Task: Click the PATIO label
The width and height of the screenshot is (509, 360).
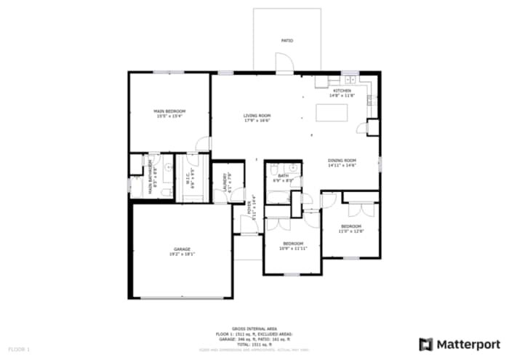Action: coord(287,41)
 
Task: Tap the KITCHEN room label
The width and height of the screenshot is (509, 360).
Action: coord(342,91)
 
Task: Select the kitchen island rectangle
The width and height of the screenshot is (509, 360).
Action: coord(332,113)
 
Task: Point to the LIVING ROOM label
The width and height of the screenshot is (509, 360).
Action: coord(257,116)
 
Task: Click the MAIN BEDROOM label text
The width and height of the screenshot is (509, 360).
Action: coord(169,111)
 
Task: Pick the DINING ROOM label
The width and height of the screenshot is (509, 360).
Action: coord(341,160)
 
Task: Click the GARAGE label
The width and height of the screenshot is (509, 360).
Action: coord(182,249)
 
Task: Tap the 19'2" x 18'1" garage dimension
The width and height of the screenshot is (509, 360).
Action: coord(182,254)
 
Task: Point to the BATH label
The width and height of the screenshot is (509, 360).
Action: coord(283,175)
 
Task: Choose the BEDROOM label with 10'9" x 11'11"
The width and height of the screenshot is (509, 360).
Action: coord(293,243)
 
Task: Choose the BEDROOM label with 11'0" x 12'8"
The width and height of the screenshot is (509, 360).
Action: coord(350,227)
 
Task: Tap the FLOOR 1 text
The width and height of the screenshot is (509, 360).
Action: coord(20,350)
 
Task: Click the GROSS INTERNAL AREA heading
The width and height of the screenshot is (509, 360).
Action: coord(254,329)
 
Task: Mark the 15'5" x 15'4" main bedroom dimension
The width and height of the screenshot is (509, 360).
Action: coord(169,116)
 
